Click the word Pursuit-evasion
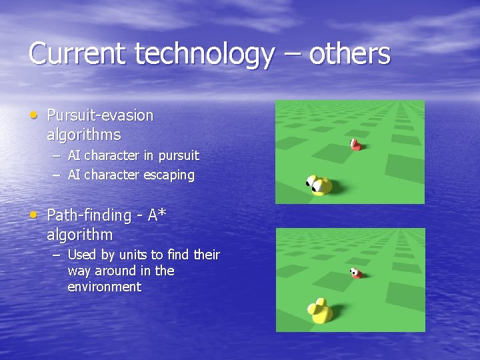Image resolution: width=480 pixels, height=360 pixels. click(100, 115)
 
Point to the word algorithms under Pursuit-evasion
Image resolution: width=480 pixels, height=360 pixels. click(84, 135)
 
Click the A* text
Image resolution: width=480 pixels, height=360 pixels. click(157, 215)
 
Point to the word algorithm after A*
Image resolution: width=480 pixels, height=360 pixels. click(80, 235)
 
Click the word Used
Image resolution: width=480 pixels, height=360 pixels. click(82, 255)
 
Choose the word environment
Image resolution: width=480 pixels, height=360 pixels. click(104, 287)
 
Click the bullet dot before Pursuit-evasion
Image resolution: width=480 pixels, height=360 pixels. click(34, 115)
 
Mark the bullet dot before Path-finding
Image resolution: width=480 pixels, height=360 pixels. click(34, 215)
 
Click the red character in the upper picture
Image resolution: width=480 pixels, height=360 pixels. click(356, 145)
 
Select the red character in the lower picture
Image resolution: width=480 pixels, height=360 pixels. click(357, 273)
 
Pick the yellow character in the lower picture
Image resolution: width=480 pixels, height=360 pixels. click(321, 311)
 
